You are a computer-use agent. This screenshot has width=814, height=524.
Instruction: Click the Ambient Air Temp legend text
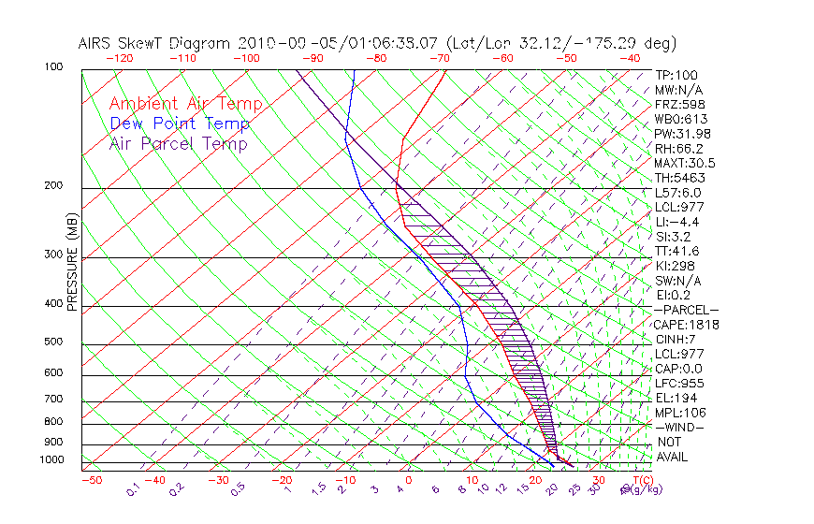click(x=185, y=104)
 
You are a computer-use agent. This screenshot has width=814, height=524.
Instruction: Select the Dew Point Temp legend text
click(x=180, y=124)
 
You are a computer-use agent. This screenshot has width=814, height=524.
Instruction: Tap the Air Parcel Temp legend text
click(x=179, y=143)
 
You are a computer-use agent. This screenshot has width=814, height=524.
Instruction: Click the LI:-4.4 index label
click(x=676, y=222)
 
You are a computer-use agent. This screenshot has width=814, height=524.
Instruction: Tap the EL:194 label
click(x=675, y=398)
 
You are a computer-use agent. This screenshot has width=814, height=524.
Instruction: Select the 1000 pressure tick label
click(x=52, y=460)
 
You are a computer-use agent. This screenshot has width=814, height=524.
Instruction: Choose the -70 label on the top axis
click(x=439, y=58)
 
